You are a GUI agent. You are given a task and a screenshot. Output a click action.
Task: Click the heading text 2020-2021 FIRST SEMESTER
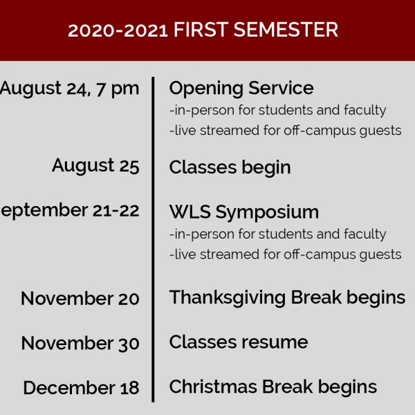(203, 30)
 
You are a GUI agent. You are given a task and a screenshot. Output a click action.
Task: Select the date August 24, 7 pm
(69, 89)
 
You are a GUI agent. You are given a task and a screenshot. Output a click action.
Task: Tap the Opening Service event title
(241, 89)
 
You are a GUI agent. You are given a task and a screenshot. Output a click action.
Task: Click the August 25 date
(95, 166)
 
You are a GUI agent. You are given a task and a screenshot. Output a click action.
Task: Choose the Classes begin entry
(230, 168)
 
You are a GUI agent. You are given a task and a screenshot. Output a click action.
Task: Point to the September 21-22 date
(70, 211)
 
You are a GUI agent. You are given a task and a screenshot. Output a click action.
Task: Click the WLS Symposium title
(244, 212)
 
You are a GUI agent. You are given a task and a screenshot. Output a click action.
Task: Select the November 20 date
(80, 299)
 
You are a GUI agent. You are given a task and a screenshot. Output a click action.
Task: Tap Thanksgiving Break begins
(288, 298)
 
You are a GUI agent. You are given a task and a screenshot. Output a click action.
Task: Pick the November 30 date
(80, 343)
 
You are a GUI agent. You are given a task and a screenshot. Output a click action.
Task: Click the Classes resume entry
(239, 342)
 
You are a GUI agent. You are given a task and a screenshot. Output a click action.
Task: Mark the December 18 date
(81, 388)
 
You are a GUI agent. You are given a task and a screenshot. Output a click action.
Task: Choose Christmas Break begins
(273, 387)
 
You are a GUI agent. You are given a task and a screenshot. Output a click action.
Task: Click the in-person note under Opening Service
(278, 111)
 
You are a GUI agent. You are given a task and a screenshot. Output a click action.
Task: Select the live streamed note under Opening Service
(286, 131)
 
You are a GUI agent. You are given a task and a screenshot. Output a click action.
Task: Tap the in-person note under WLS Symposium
(278, 234)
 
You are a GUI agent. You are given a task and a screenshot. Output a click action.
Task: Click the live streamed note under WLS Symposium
(286, 255)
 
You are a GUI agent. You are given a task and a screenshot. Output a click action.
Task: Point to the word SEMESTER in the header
(286, 30)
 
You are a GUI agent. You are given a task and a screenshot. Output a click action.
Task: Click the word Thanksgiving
(228, 298)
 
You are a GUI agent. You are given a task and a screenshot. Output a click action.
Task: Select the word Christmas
(213, 387)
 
